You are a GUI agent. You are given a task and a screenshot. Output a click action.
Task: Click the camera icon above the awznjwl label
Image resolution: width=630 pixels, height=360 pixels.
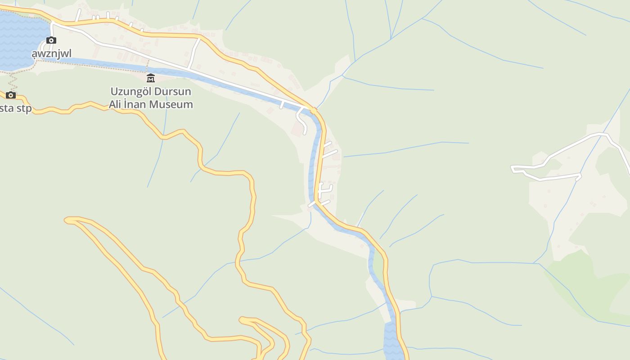[x=51, y=40]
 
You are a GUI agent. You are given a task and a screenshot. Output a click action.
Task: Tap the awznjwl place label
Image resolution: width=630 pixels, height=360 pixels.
[x=51, y=54]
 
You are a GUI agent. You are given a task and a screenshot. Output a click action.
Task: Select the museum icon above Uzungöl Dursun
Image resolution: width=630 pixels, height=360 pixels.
[x=151, y=78]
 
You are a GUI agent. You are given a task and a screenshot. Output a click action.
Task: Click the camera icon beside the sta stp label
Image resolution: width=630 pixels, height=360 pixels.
[x=11, y=95]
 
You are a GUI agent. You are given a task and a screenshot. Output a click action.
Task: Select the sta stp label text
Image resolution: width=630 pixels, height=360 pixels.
[x=16, y=108]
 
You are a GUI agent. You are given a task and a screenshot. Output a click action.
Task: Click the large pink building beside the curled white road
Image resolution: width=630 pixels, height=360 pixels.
[x=297, y=130]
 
